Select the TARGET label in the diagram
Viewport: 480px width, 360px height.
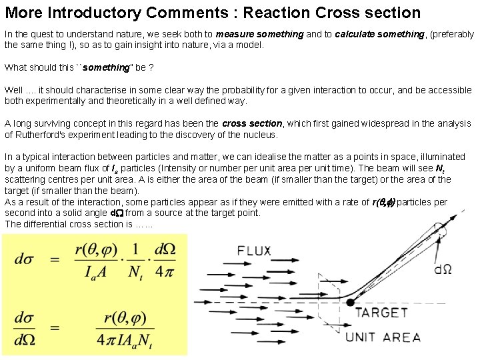(381, 313)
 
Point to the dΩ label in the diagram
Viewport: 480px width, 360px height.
(443, 269)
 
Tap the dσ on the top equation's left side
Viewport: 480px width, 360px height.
(25, 259)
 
